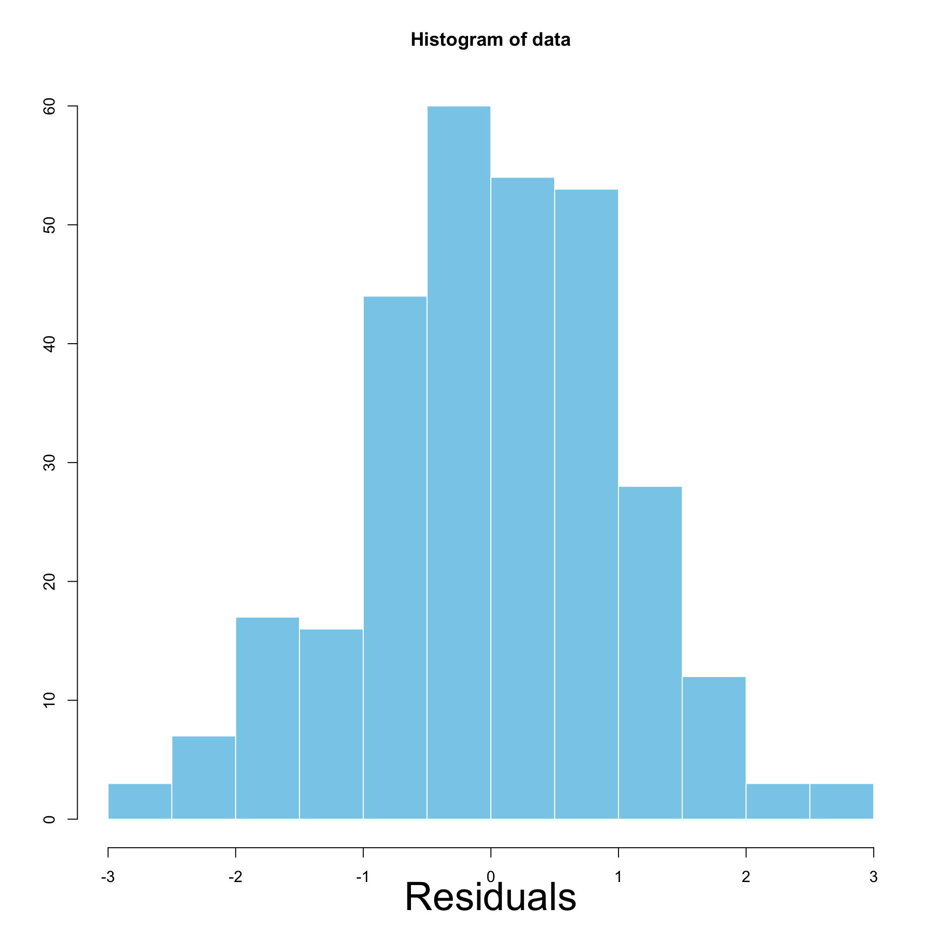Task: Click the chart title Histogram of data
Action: tap(490, 40)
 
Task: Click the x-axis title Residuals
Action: tap(490, 897)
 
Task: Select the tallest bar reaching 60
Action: tap(459, 462)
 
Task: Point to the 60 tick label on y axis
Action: tap(49, 106)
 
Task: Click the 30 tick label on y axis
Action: tap(49, 463)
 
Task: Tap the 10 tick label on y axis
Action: tap(49, 700)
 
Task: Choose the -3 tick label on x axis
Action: tap(108, 877)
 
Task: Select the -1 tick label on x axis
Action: tap(363, 877)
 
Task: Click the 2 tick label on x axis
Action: tap(746, 877)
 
